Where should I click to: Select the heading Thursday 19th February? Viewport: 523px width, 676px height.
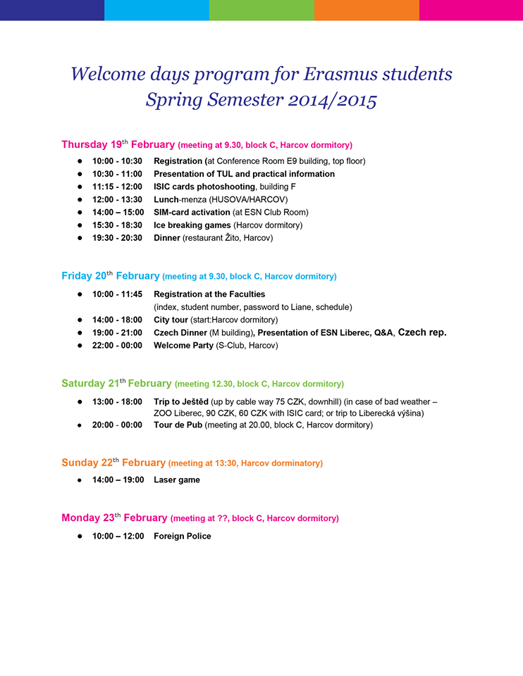click(118, 144)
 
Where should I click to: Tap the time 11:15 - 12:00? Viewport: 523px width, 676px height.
click(117, 187)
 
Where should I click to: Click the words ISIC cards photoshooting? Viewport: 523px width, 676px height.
click(204, 187)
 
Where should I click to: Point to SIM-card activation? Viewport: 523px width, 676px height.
click(192, 212)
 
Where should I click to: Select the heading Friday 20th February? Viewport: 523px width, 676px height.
click(110, 276)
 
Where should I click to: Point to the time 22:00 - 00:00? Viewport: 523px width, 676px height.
click(117, 345)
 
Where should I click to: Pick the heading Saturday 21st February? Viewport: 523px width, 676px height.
click(116, 384)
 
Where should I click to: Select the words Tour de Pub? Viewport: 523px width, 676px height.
click(178, 425)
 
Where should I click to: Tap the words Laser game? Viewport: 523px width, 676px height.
click(177, 480)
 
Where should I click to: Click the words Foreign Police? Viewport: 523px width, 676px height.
click(182, 536)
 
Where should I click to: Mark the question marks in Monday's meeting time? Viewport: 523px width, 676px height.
click(225, 518)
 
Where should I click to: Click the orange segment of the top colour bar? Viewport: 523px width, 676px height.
click(366, 10)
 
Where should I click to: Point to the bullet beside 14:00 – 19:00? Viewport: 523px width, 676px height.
click(80, 480)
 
